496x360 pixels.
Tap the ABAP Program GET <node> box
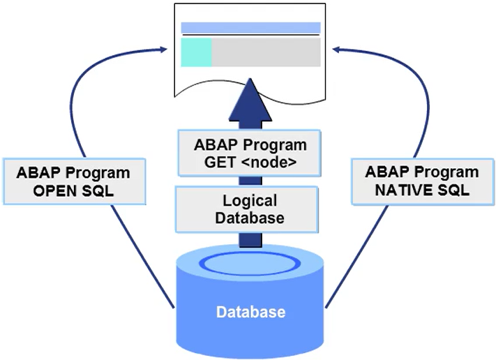[x=250, y=154]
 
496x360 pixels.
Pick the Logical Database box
[x=250, y=209]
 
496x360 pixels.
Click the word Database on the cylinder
[x=250, y=311]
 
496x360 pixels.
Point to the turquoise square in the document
[x=196, y=52]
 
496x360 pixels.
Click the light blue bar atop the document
[x=250, y=28]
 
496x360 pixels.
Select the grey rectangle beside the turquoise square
[x=266, y=52]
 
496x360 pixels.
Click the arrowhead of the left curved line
[x=164, y=49]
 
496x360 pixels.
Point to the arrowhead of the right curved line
[x=337, y=49]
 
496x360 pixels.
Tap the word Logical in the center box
[x=250, y=201]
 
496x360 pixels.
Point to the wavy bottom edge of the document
[x=250, y=89]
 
